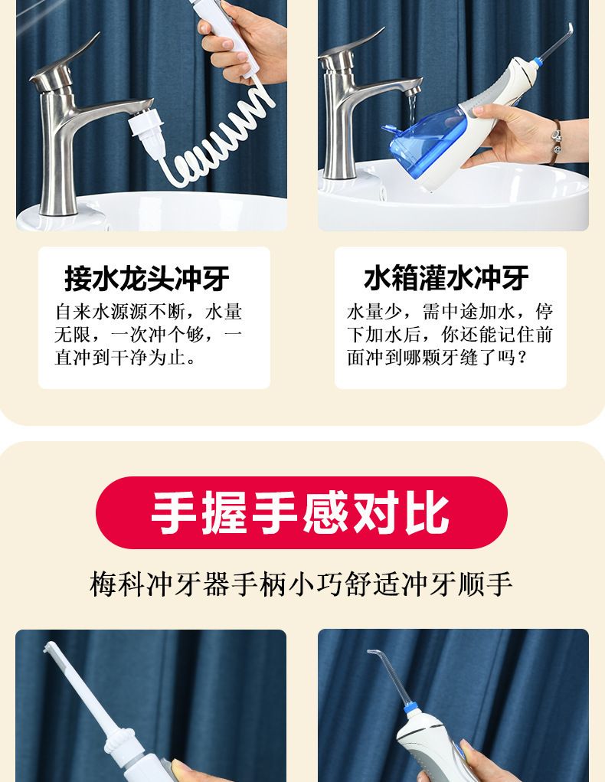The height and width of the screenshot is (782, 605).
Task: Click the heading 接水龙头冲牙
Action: tap(146, 278)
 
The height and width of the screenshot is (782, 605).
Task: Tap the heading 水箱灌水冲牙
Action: tap(446, 277)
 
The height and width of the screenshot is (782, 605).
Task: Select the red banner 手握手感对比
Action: tap(301, 512)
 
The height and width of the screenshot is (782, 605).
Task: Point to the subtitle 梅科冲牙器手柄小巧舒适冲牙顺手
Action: tap(301, 584)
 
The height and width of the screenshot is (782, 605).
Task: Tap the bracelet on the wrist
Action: tap(555, 142)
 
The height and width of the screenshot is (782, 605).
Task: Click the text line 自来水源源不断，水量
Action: tap(148, 312)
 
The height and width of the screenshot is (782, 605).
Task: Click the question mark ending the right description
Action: tap(522, 358)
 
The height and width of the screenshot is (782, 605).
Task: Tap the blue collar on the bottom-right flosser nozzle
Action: tap(410, 707)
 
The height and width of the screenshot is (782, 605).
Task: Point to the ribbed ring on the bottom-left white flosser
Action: tap(119, 741)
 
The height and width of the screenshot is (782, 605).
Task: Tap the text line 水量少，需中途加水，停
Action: tap(450, 311)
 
